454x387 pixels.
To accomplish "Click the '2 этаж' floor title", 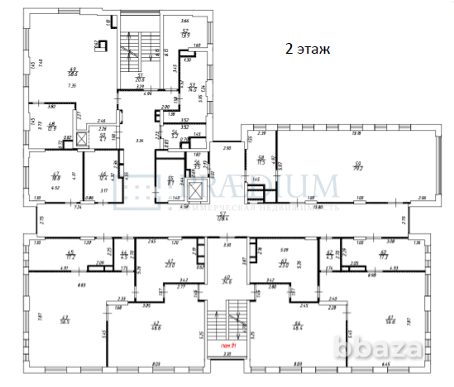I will tap(308, 49).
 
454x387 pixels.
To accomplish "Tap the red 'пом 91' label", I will tap(228, 345).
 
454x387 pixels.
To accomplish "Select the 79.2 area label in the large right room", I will tap(360, 167).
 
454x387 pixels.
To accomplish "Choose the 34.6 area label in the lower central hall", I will tap(227, 280).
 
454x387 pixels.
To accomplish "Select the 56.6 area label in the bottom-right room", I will tap(389, 319).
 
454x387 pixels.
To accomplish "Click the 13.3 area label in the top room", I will tap(186, 36).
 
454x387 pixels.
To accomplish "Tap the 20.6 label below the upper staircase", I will tap(139, 80).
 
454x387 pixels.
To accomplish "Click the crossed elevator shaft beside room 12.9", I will tap(80, 139).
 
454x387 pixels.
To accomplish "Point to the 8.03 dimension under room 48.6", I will tap(155, 362).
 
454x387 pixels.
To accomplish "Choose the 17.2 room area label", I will tap(71, 257).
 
